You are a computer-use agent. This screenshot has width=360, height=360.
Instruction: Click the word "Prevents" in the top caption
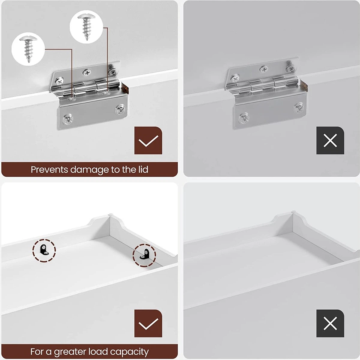tap(49, 169)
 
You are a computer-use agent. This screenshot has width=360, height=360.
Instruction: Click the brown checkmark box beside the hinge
tap(148, 140)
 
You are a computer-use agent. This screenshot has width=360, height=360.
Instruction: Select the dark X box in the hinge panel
tap(330, 140)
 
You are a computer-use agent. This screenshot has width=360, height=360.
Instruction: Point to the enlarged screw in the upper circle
tap(86, 27)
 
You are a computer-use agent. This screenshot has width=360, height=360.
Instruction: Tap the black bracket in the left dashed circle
tap(44, 250)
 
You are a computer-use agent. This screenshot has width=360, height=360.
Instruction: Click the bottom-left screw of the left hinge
tap(67, 119)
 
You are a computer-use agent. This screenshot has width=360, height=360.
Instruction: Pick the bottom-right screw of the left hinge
tap(120, 110)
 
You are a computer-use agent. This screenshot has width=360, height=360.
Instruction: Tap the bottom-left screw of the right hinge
tap(244, 118)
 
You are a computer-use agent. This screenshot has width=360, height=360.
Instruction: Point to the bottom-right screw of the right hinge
tap(299, 108)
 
